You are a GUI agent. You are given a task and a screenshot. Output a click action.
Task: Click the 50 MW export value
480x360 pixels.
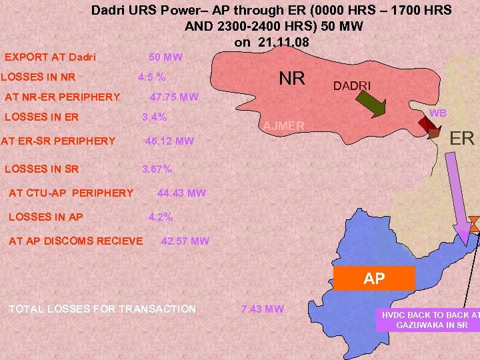[165, 57]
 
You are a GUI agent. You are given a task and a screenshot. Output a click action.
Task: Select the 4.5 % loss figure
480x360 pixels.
[151, 77]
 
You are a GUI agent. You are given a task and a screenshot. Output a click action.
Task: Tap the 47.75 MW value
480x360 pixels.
[174, 97]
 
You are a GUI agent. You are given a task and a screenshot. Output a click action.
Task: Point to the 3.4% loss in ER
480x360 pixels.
[155, 117]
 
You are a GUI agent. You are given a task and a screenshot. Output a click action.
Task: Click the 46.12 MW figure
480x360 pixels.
[169, 141]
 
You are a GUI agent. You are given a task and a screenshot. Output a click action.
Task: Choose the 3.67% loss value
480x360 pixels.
[157, 169]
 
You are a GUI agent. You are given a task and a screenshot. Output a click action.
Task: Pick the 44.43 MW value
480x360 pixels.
[181, 193]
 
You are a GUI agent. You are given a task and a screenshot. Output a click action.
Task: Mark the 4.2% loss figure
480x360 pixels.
[160, 217]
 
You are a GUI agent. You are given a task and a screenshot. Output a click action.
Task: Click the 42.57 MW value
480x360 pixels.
[185, 241]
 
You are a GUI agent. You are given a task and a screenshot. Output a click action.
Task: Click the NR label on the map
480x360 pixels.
[292, 79]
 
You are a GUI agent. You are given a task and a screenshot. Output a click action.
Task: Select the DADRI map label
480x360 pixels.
[352, 86]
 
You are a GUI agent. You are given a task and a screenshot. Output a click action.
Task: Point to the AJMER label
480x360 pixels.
[283, 127]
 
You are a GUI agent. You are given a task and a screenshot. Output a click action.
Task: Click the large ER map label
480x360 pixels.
[462, 139]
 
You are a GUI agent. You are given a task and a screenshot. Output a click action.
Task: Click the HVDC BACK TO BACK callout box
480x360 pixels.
[428, 319]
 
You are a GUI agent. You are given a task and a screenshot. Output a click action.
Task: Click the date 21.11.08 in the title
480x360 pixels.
[272, 42]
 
